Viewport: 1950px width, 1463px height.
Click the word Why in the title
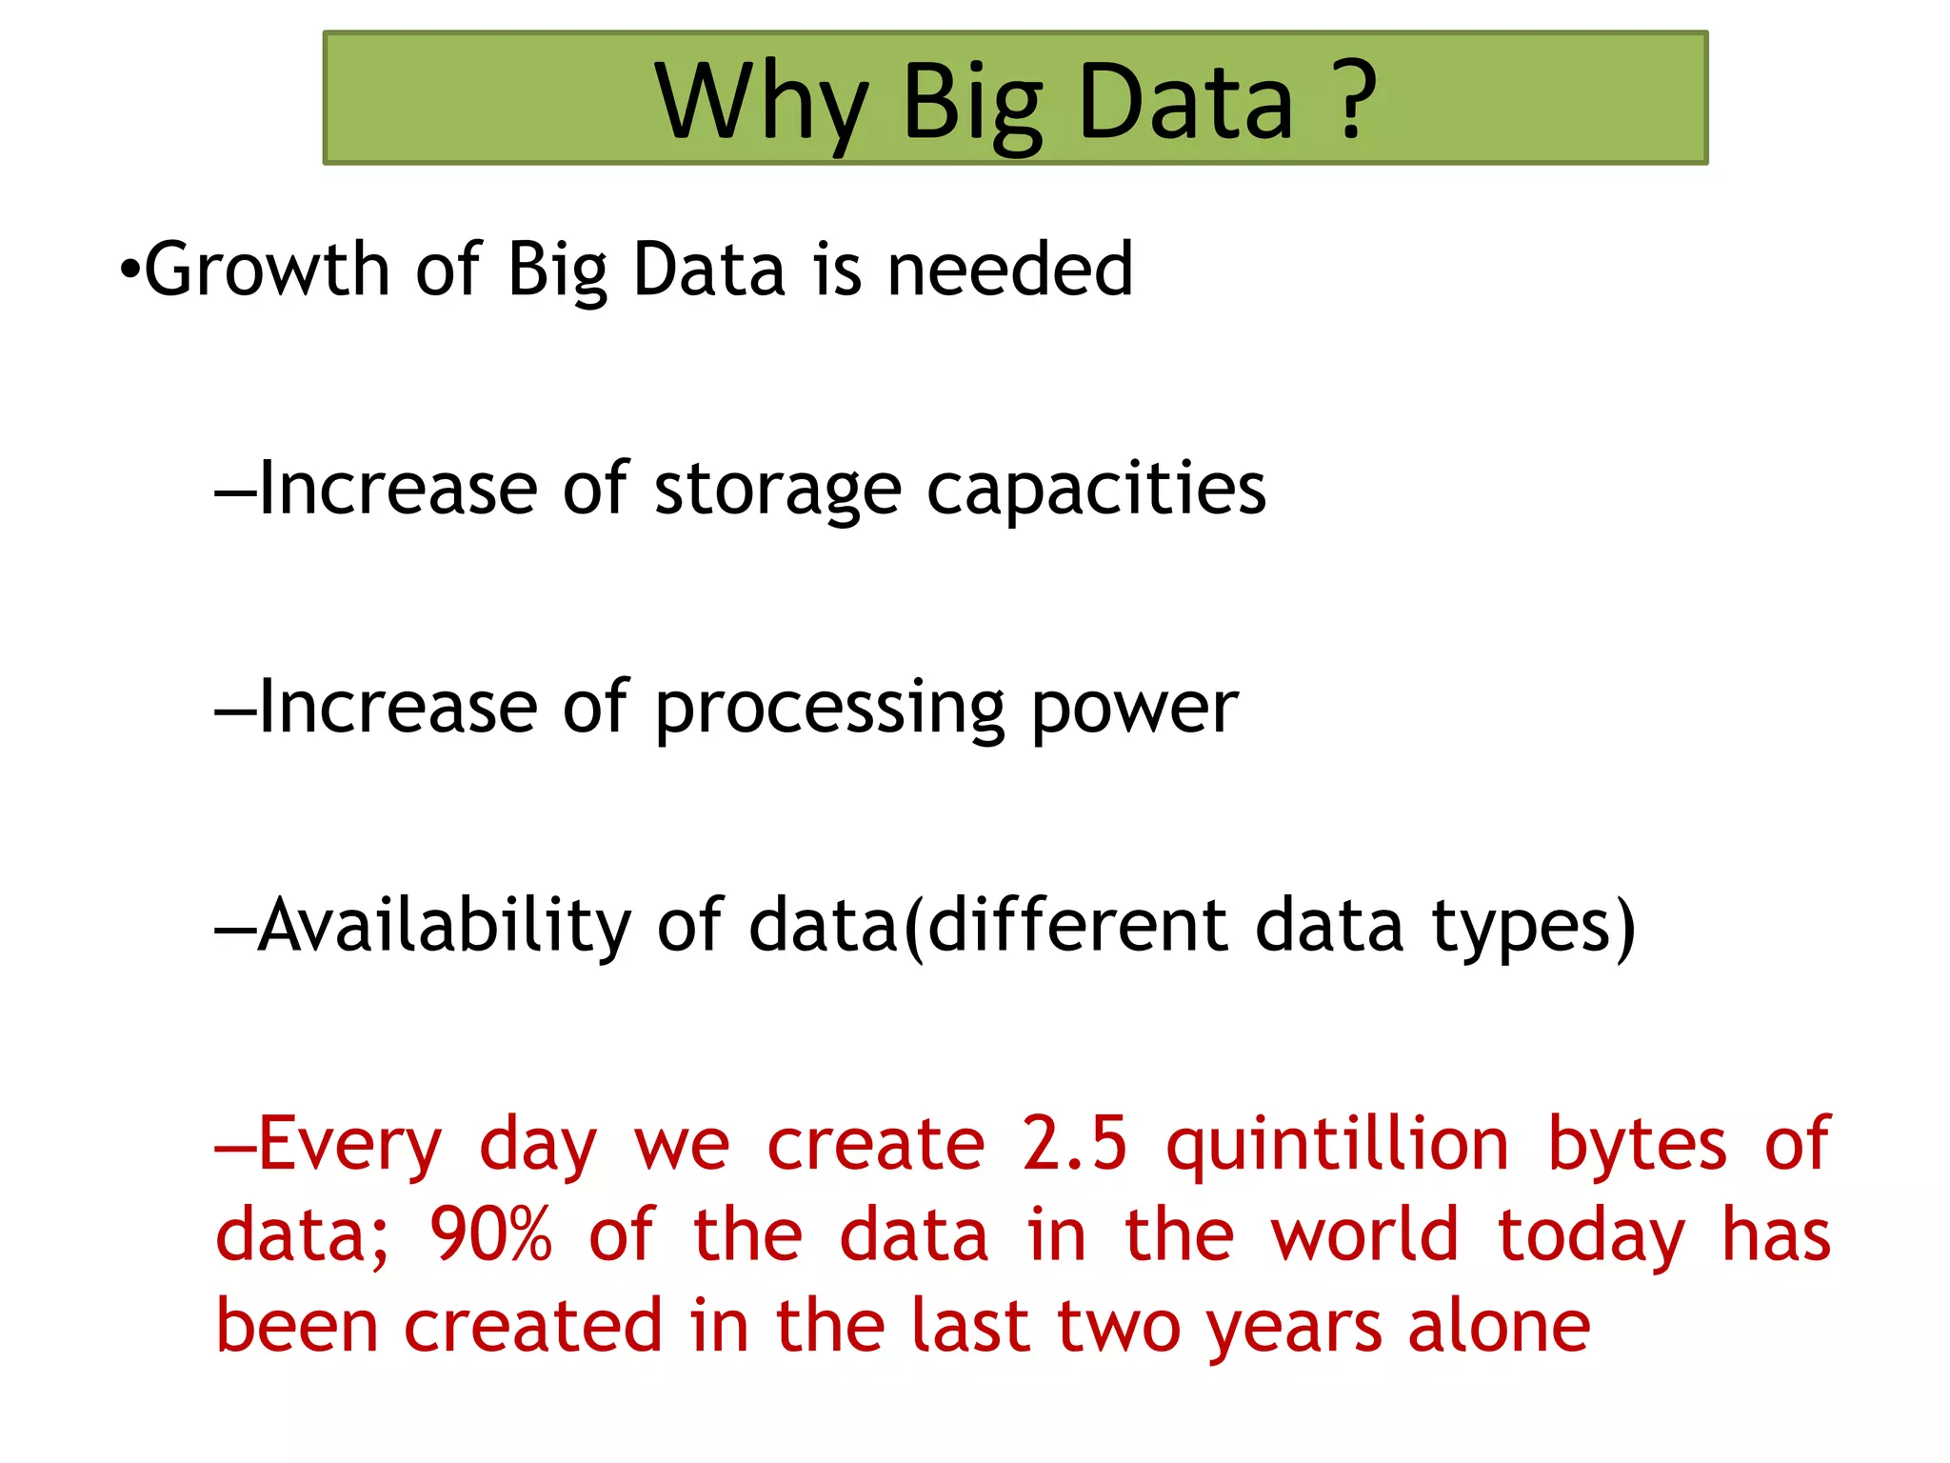click(761, 103)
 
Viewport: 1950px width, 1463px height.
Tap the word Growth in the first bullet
click(267, 270)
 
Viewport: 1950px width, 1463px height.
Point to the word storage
click(777, 490)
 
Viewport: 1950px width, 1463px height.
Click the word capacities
click(1096, 490)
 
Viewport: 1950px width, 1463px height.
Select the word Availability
click(445, 927)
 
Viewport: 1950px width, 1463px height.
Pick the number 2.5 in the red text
click(1075, 1143)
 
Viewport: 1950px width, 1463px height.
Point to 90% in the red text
click(490, 1234)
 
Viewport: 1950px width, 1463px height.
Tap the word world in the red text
click(1364, 1234)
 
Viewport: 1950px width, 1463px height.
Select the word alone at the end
click(1499, 1326)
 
